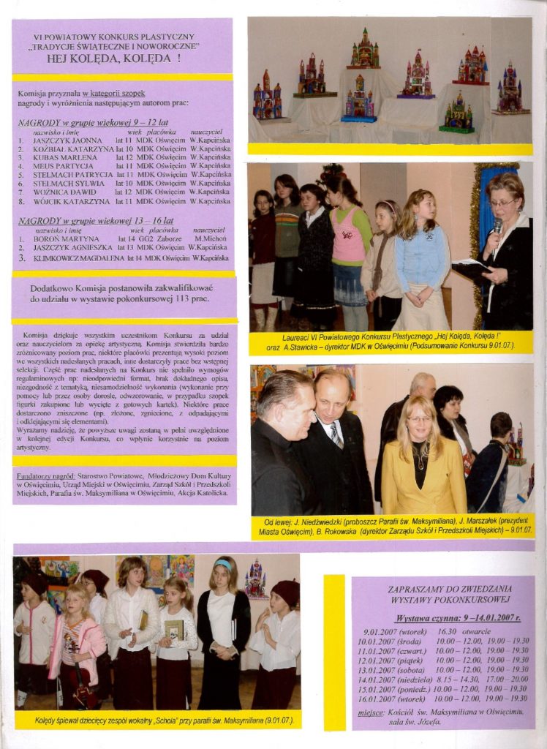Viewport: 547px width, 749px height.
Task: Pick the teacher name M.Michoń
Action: pos(209,239)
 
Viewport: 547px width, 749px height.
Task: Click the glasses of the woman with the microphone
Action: pos(502,203)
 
